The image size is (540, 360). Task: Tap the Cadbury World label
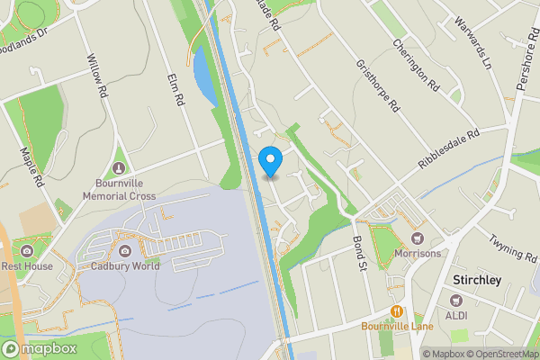(124, 265)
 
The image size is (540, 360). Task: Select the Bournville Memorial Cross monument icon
(120, 169)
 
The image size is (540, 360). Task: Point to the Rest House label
(26, 265)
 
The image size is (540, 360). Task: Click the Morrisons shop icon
(417, 238)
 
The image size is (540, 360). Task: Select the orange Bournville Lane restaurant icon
(396, 311)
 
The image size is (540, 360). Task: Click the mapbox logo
(39, 349)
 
